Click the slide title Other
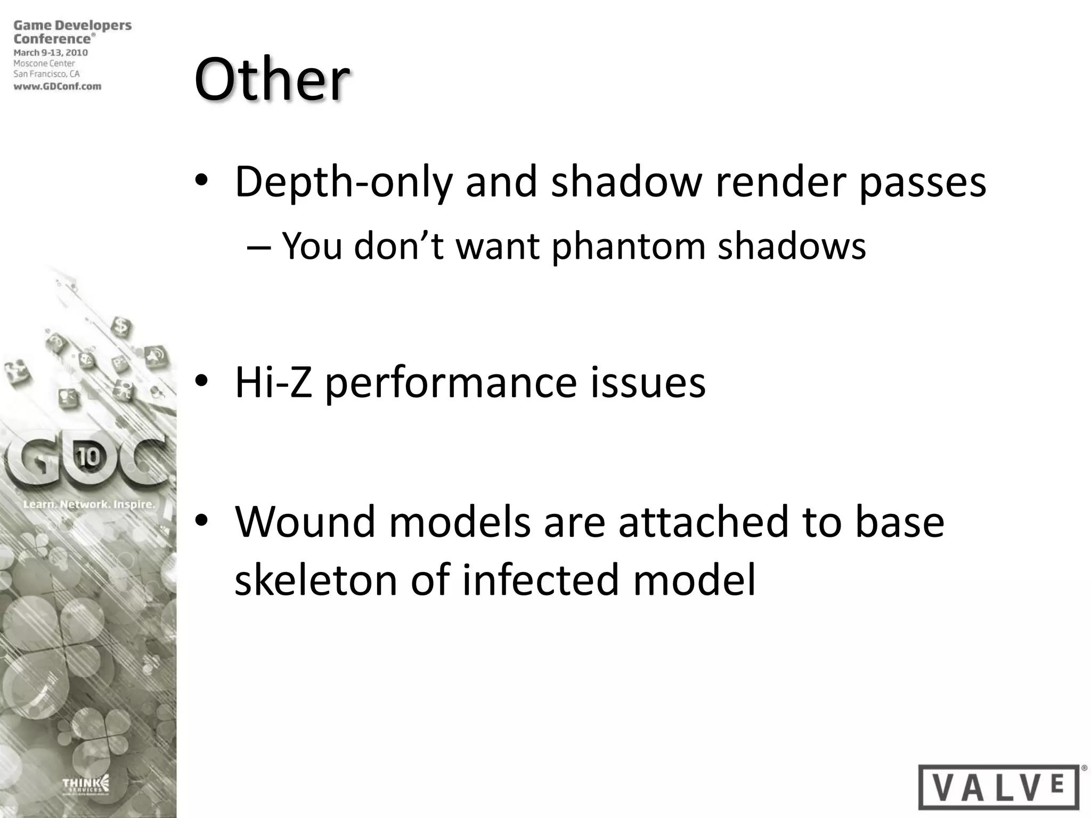(272, 80)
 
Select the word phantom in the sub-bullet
(628, 247)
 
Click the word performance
(451, 383)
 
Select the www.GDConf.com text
(58, 86)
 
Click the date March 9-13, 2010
(51, 53)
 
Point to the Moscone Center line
(44, 63)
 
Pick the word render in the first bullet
(780, 183)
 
